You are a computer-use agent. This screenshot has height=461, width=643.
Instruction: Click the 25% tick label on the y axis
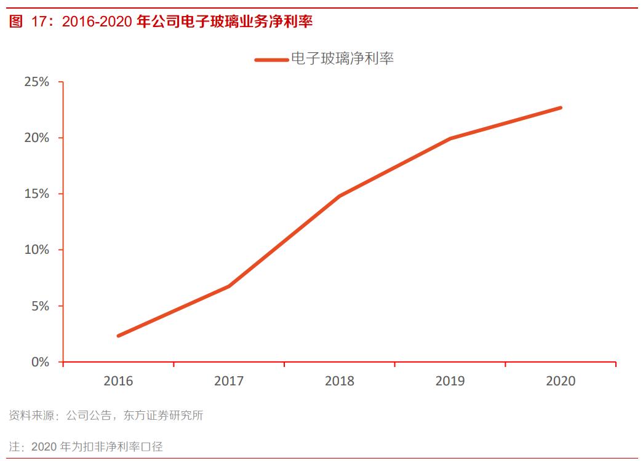click(x=36, y=82)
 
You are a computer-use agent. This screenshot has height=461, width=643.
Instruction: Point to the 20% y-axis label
click(x=36, y=138)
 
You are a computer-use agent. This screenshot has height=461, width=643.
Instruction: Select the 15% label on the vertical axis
click(x=36, y=194)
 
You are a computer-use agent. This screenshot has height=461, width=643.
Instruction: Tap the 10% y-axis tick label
click(x=36, y=250)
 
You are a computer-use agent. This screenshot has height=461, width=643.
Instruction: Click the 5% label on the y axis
click(x=39, y=305)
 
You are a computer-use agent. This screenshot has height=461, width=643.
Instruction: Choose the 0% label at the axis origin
click(x=39, y=362)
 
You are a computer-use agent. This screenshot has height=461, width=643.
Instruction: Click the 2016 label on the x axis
click(x=118, y=381)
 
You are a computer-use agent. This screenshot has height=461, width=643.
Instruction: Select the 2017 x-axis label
click(x=229, y=381)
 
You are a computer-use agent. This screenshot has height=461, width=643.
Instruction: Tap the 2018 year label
click(x=340, y=381)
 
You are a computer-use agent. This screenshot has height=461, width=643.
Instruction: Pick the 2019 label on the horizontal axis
click(x=450, y=381)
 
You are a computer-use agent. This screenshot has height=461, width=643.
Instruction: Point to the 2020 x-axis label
click(x=561, y=381)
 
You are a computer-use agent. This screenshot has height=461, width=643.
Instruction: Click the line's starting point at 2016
click(x=118, y=336)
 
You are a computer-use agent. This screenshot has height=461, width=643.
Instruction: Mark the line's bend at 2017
click(x=229, y=286)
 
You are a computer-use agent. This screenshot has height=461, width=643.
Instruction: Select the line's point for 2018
click(x=340, y=196)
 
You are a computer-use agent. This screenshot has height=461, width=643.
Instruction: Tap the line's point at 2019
click(x=450, y=138)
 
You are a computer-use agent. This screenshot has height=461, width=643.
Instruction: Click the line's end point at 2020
click(x=561, y=108)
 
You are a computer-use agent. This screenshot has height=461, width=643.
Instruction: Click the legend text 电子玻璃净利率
click(x=341, y=59)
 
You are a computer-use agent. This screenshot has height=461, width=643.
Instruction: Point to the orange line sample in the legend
click(x=271, y=60)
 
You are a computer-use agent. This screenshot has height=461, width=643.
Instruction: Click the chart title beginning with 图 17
click(x=161, y=22)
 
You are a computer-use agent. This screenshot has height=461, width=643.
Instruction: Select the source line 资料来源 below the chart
click(x=106, y=416)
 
